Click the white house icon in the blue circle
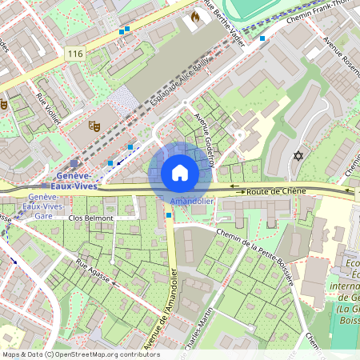pos(180,173)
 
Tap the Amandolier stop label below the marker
pos(192,202)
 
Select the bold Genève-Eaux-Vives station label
pos(78,179)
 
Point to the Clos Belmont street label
pos(92,218)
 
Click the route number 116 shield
pos(76,54)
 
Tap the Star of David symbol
pos(299,155)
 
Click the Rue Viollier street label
pos(49,109)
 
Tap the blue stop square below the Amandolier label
pos(169,214)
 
